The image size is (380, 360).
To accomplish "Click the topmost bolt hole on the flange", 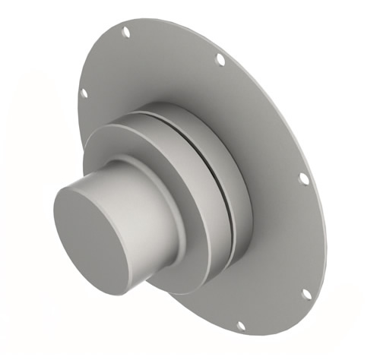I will [126, 31].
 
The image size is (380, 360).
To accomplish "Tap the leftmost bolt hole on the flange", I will [84, 93].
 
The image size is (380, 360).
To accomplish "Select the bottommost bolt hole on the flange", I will [241, 325].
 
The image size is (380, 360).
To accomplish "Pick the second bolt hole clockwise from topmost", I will [220, 58].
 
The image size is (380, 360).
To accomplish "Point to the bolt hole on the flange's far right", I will [303, 178].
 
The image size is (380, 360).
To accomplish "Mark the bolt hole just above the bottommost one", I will [306, 293].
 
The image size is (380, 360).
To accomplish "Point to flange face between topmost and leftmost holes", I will [99, 61].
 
